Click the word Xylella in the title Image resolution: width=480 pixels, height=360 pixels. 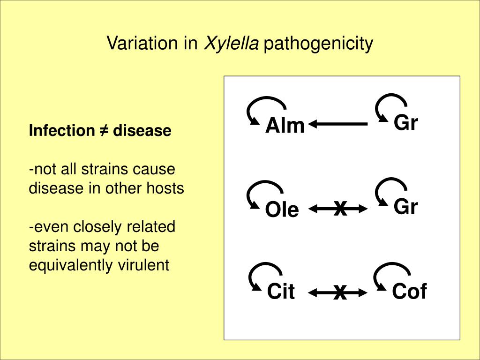(x=231, y=44)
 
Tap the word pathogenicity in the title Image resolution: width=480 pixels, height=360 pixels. (x=318, y=44)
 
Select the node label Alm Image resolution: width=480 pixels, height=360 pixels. (x=285, y=126)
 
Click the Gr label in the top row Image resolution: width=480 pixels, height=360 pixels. (x=405, y=123)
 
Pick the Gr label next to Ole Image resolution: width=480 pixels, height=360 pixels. (x=405, y=207)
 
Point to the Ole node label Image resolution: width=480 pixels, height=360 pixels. (x=282, y=210)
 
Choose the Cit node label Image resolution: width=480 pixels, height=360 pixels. (x=281, y=292)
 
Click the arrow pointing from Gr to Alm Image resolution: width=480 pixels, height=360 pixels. (x=338, y=124)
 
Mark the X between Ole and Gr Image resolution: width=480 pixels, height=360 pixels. (x=340, y=208)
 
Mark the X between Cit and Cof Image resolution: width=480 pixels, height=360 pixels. (x=340, y=293)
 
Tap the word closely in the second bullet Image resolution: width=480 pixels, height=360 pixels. (x=99, y=227)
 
